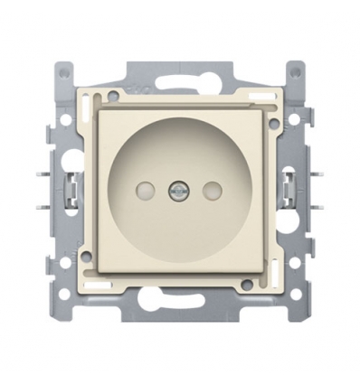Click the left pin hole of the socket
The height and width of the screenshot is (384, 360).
pos(144,191)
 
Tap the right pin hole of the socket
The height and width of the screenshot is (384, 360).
pos(212,190)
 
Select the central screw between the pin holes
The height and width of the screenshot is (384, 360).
pos(177,190)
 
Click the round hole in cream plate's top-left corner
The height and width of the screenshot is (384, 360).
pos(112,95)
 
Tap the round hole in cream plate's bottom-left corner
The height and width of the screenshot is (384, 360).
pos(84,256)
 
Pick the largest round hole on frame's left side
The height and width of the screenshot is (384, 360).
pos(66,119)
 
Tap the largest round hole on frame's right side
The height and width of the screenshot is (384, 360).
pos(293,119)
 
